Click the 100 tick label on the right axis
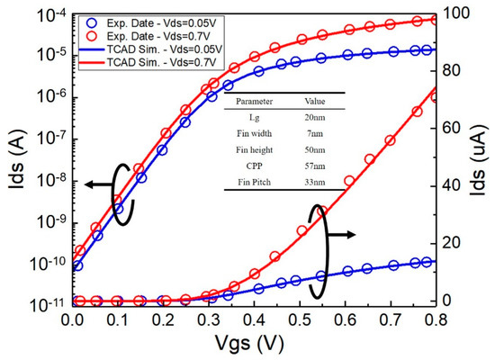454,13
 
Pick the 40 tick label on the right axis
451,185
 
